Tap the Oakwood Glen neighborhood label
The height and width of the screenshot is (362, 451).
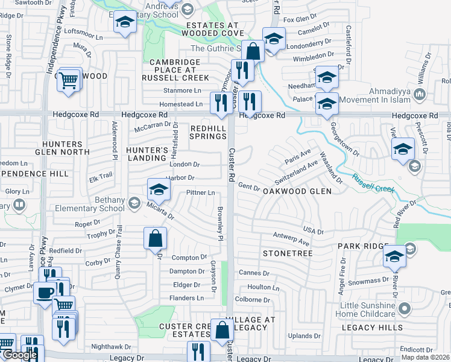click(297, 191)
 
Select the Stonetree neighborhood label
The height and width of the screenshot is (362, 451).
click(286, 253)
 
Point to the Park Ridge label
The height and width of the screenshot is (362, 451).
click(360, 246)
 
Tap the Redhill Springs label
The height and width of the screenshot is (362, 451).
click(208, 132)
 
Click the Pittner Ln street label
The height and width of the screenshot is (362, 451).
click(200, 192)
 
